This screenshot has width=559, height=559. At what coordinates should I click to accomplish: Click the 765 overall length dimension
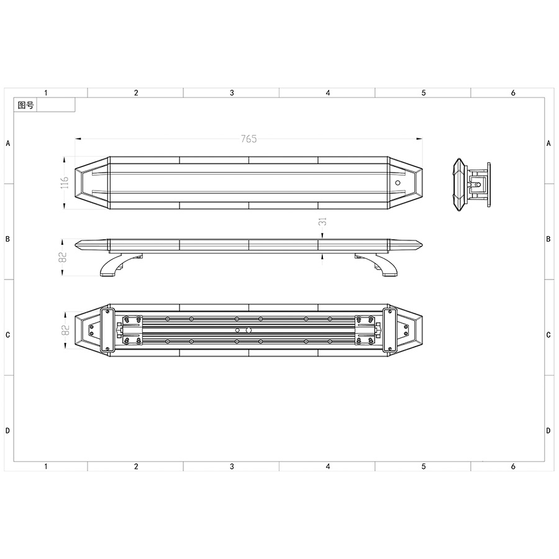coord(248,139)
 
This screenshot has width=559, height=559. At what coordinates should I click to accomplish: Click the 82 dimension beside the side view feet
coord(63,257)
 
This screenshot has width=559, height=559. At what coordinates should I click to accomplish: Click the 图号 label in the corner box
coord(25,106)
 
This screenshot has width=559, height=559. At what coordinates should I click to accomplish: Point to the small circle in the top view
coord(398,183)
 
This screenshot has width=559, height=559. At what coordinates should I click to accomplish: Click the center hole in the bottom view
coord(248,330)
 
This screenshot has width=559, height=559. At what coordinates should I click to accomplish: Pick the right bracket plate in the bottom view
coord(390,330)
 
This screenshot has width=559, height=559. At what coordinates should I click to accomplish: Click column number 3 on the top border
coord(232,93)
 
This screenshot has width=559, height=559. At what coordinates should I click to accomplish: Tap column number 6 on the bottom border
coord(513,466)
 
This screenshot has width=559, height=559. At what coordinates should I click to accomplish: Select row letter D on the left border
coord(8,430)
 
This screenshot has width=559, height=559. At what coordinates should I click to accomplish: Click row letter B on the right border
coord(548,239)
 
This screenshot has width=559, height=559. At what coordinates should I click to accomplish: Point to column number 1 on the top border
coord(47,93)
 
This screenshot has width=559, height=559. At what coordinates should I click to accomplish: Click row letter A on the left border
coord(8,143)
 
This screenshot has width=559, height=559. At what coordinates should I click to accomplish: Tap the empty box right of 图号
coord(56,106)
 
